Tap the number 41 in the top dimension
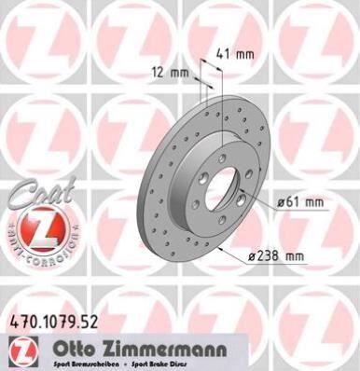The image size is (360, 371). [x=230, y=54]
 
